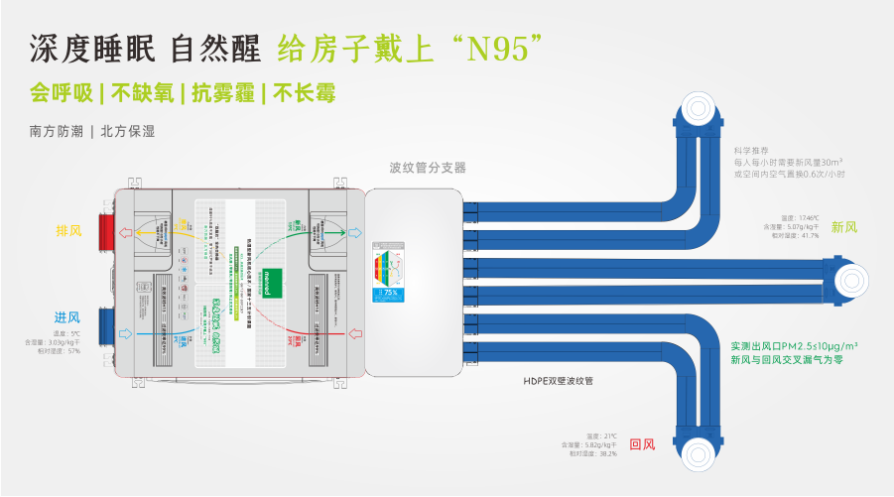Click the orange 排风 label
pyautogui.click(x=68, y=230)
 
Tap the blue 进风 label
pyautogui.click(x=67, y=316)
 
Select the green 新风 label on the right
pyautogui.click(x=843, y=227)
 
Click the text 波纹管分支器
pyautogui.click(x=427, y=168)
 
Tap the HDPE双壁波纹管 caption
pyautogui.click(x=564, y=380)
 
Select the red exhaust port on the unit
pyautogui.click(x=103, y=230)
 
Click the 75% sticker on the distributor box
pyautogui.click(x=389, y=294)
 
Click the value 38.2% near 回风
pyautogui.click(x=607, y=454)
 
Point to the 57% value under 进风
pyautogui.click(x=74, y=351)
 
